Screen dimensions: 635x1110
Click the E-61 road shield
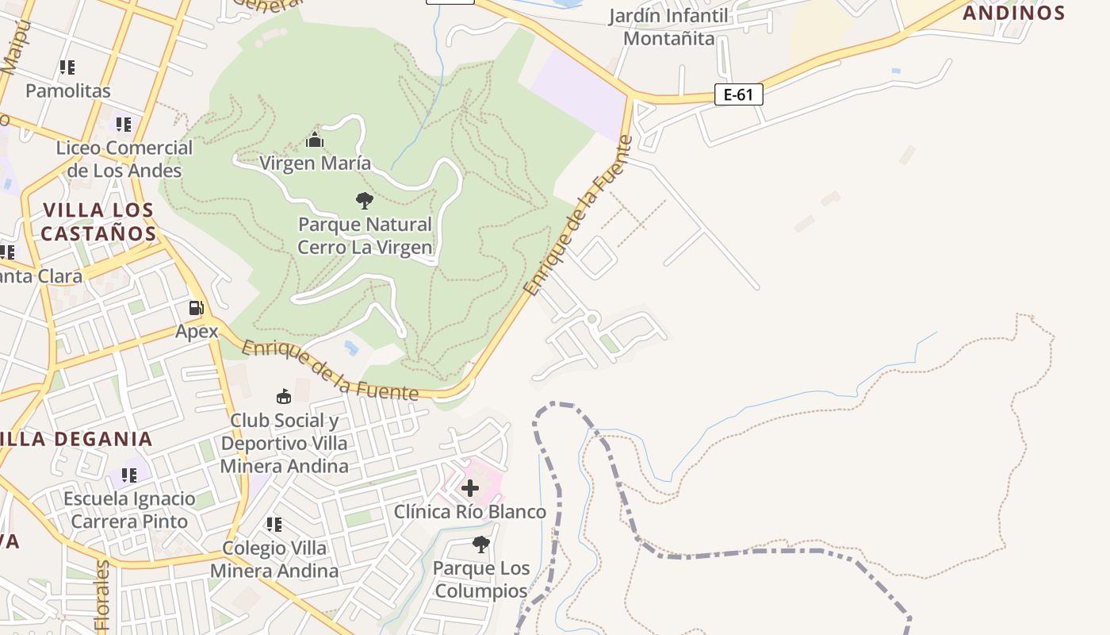[x=738, y=95]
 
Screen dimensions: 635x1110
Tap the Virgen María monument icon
[x=315, y=140]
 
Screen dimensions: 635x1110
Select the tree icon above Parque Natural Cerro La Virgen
[x=365, y=200]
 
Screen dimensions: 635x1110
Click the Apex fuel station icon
[x=196, y=308]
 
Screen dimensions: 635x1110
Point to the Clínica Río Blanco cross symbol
[x=470, y=487]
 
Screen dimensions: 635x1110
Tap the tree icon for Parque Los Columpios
[x=480, y=545]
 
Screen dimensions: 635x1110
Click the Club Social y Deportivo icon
[x=283, y=396]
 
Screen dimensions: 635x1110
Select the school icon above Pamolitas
[x=67, y=67]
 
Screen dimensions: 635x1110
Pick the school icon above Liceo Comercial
[x=123, y=125]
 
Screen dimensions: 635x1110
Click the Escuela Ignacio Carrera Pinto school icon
[x=129, y=475]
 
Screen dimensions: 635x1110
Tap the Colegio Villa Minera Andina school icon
[x=274, y=525]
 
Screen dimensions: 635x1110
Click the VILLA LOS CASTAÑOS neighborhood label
[x=98, y=222]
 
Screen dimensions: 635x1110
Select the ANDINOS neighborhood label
[x=1013, y=13]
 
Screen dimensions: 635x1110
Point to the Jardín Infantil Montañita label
[x=668, y=27]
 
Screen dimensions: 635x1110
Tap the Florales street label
[x=102, y=595]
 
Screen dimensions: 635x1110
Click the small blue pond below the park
[x=351, y=348]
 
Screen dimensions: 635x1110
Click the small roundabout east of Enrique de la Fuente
[x=591, y=319]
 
